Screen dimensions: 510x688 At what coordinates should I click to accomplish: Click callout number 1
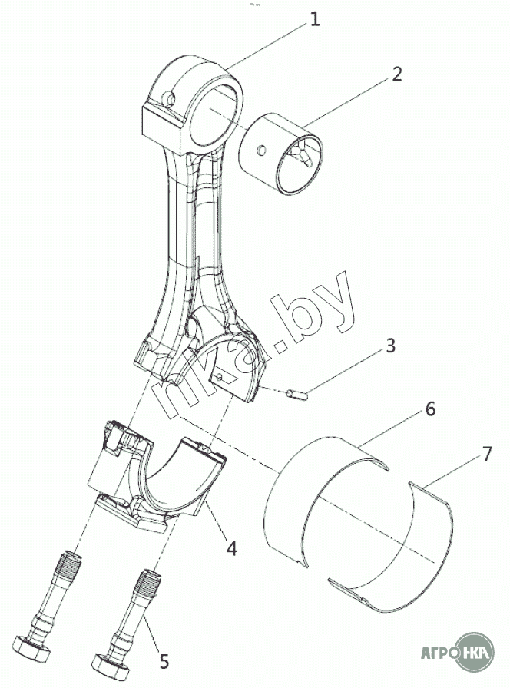pos(314,19)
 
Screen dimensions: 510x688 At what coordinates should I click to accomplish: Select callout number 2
pos(396,74)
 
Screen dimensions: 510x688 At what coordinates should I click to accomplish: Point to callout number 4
pos(231,548)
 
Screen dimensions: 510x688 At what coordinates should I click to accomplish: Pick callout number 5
pos(164,661)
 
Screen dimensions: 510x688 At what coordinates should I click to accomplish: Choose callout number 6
pos(429,409)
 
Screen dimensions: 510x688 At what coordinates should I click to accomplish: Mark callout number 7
pos(487,454)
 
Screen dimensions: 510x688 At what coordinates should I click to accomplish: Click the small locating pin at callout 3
pos(297,395)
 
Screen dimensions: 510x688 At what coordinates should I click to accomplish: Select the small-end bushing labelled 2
pos(282,154)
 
